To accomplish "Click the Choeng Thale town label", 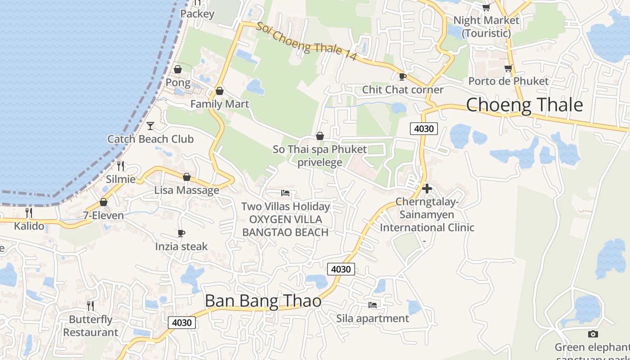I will [x=524, y=105].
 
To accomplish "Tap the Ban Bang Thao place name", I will [x=263, y=301].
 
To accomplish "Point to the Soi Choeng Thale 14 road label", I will [x=306, y=41].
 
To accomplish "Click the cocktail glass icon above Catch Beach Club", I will [x=150, y=126].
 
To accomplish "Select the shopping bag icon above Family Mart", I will [x=220, y=91].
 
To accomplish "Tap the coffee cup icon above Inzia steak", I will [x=181, y=233].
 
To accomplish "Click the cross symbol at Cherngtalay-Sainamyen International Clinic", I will [x=427, y=189].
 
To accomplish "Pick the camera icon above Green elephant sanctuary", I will [x=593, y=334].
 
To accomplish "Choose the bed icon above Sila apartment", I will [x=373, y=305].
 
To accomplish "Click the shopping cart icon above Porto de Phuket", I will [x=508, y=68].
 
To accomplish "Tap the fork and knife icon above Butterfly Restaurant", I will [x=90, y=306].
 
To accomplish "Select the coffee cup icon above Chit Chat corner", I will [x=403, y=76].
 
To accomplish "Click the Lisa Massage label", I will [x=186, y=190].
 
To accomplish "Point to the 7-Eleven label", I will [x=103, y=216].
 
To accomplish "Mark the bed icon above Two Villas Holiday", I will [x=285, y=193].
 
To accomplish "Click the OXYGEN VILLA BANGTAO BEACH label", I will [x=285, y=226].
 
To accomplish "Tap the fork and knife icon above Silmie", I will [x=121, y=166].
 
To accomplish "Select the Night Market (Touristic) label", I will [x=486, y=27].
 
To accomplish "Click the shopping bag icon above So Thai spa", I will [x=320, y=135].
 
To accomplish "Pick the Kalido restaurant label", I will [x=29, y=226].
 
